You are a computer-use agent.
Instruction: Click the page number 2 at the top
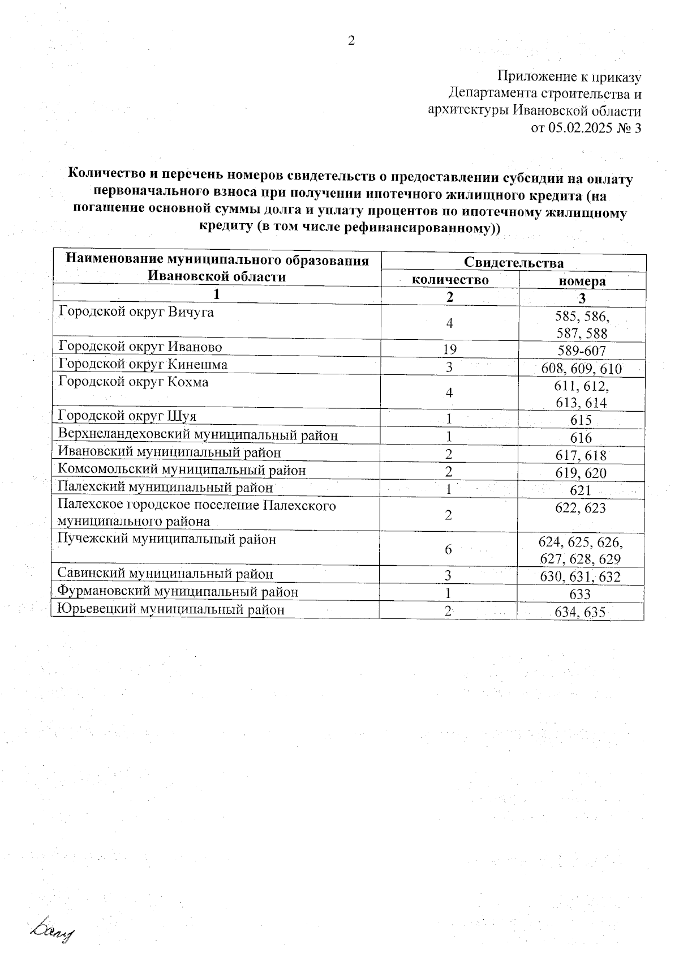coord(351,41)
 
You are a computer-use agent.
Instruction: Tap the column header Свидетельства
coord(514,263)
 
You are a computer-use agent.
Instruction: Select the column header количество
coord(450,280)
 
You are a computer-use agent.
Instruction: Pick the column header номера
coord(582,281)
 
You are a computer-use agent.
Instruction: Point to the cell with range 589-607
coord(582,351)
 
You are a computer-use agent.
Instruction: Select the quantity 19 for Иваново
coord(449,350)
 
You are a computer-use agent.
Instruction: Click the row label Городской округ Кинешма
coord(143,364)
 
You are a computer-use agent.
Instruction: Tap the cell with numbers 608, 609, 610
coord(582,369)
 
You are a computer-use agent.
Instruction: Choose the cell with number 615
coord(581,420)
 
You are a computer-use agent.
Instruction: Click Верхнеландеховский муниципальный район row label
coord(198,435)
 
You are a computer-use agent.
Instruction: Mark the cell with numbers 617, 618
coord(581,455)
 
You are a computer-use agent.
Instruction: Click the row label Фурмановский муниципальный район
coord(178,592)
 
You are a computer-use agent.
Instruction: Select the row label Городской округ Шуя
coord(127,416)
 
